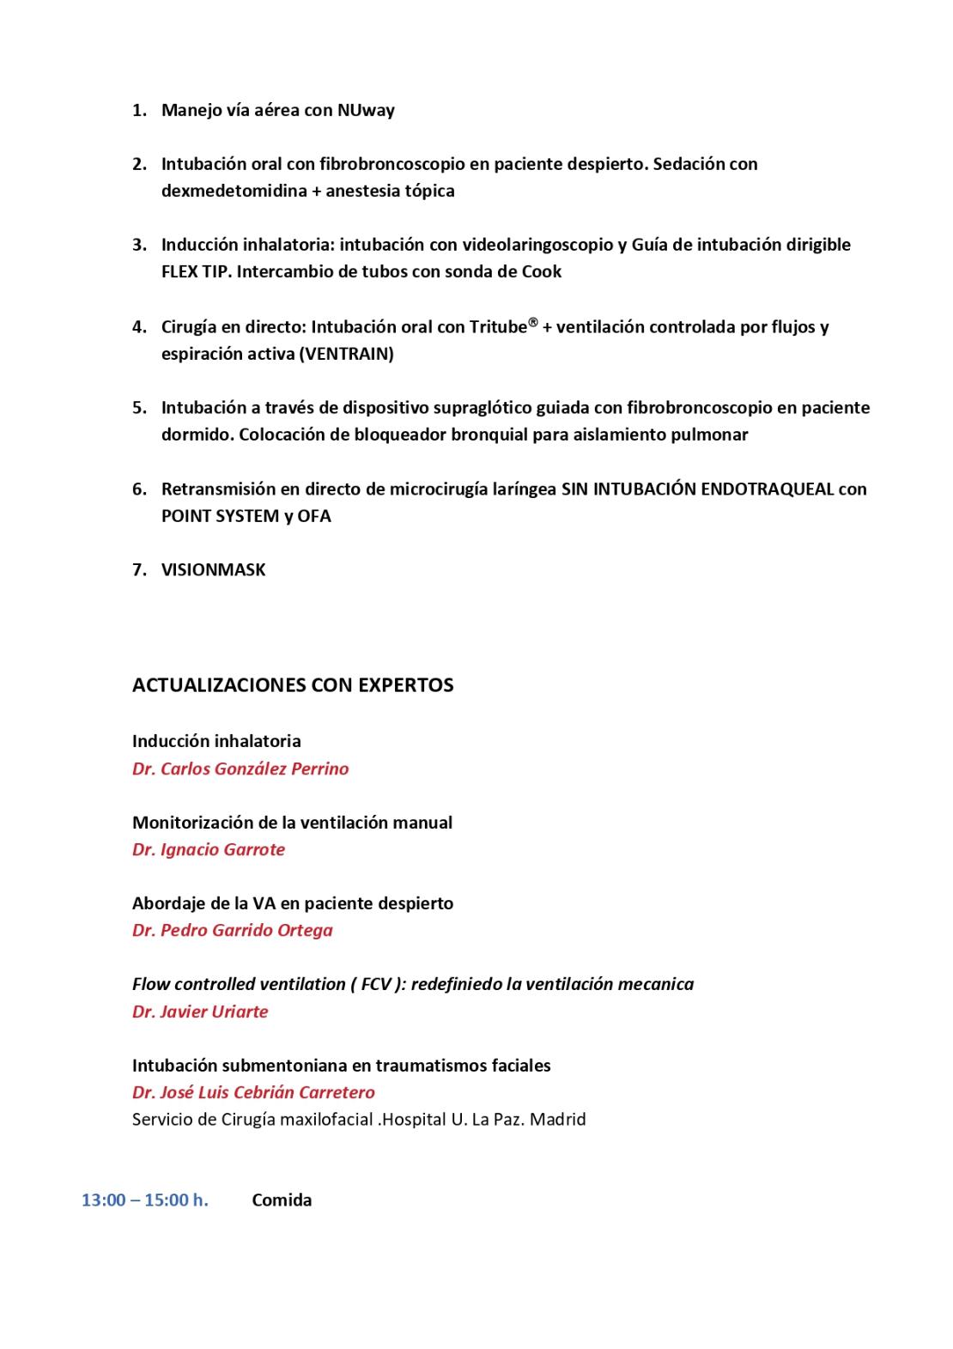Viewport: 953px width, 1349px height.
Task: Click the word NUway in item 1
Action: (x=366, y=110)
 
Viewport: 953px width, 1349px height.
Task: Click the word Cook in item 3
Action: (x=542, y=271)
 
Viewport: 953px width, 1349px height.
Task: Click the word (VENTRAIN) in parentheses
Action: (x=346, y=354)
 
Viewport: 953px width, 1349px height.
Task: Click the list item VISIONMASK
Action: (x=213, y=570)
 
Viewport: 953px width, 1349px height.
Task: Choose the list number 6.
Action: (x=138, y=489)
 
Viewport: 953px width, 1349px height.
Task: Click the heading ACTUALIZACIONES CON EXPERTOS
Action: (x=293, y=685)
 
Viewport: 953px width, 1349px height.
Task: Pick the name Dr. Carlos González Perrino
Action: (x=240, y=769)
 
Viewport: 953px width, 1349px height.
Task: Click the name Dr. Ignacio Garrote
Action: (x=209, y=849)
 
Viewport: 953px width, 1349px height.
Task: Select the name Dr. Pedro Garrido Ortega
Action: (x=233, y=930)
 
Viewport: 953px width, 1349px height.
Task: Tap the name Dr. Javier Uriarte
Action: (x=200, y=1012)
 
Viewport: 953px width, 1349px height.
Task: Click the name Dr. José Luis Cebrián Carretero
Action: (x=253, y=1092)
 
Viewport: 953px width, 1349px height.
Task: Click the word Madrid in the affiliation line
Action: (x=558, y=1120)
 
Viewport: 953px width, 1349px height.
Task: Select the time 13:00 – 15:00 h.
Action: (x=145, y=1200)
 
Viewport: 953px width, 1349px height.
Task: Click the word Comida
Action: (x=282, y=1200)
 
